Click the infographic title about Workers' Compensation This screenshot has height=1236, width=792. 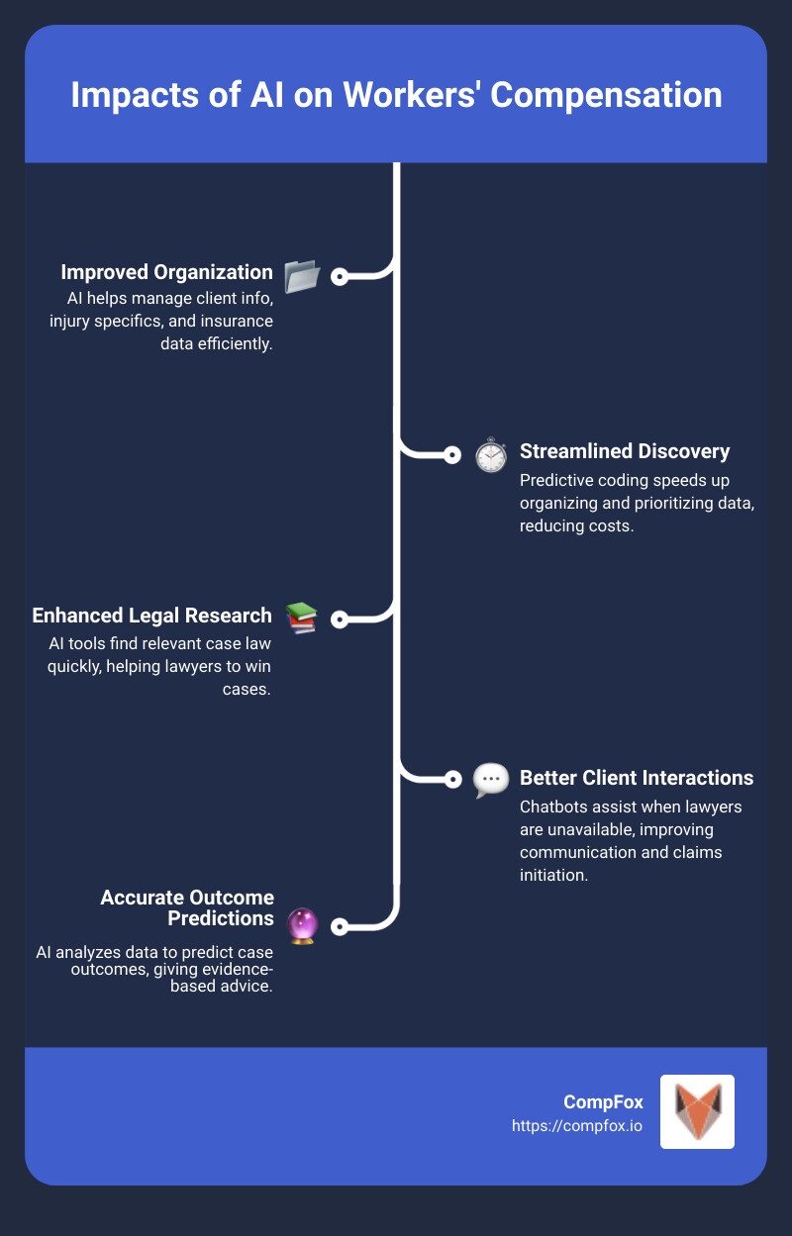coord(396,96)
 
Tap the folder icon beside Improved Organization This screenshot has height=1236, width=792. coord(301,277)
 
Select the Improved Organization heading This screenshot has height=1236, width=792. coord(166,272)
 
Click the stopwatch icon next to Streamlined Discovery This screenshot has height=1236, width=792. coord(490,455)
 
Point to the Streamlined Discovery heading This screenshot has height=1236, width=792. coord(625,451)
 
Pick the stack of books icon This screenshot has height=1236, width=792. coord(301,618)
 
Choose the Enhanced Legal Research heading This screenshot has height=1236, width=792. coord(151,616)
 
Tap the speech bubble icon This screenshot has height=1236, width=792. coord(490,780)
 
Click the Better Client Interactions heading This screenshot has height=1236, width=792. coord(637,777)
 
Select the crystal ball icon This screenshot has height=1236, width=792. coord(301,926)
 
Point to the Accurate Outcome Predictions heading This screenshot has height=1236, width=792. coord(187,907)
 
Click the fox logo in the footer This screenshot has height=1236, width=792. coord(697,1111)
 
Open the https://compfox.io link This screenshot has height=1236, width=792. coord(577,1125)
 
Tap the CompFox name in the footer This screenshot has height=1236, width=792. coord(603,1101)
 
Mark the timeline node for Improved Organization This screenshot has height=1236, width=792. coord(340,277)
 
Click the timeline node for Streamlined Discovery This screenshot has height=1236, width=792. coord(452,455)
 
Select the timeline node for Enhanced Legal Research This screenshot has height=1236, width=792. coord(340,619)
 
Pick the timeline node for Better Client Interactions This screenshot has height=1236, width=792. coord(452,779)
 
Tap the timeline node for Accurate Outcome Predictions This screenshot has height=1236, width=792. coord(340,927)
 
